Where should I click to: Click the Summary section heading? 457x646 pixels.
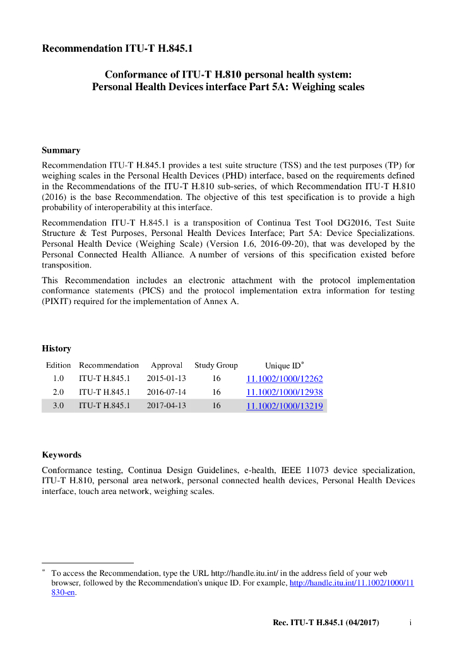[61, 150]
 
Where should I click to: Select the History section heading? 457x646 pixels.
[56, 348]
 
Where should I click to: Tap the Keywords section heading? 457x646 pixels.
[61, 454]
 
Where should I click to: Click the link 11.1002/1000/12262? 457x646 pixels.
[284, 379]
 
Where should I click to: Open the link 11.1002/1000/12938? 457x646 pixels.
[284, 392]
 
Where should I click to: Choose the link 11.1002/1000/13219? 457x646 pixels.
[284, 406]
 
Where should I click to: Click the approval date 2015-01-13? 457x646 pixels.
[166, 379]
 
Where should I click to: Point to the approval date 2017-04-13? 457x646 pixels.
[166, 406]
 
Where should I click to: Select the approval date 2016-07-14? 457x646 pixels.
[166, 392]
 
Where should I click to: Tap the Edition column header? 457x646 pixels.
[58, 365]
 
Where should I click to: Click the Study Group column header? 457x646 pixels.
[216, 365]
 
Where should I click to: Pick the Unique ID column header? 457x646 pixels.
[283, 366]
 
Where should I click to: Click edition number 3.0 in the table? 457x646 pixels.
[58, 406]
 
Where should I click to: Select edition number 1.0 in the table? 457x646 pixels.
[58, 379]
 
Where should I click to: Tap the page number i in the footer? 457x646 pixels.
[410, 623]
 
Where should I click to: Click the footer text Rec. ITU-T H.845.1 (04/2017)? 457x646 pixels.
[325, 623]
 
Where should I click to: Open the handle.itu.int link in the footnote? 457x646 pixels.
[351, 584]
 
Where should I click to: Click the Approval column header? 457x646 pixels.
[166, 365]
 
